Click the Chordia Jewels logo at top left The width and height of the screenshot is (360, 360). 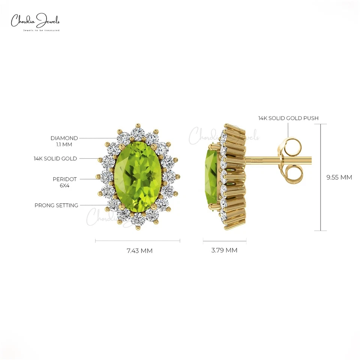click(x=35, y=21)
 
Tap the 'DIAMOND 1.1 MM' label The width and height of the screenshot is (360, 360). click(x=64, y=141)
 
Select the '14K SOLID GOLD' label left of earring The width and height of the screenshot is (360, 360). click(x=55, y=159)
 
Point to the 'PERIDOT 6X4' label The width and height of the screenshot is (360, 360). click(x=64, y=182)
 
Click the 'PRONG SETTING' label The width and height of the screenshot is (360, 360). click(x=56, y=205)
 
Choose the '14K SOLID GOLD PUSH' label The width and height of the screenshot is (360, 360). click(x=288, y=118)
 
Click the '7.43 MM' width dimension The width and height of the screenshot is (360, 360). click(x=139, y=251)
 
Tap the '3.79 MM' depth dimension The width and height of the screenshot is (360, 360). click(x=224, y=250)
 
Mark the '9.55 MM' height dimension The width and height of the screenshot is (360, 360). click(x=339, y=177)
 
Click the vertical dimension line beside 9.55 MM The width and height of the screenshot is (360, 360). click(x=321, y=177)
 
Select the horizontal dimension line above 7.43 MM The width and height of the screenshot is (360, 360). click(x=138, y=241)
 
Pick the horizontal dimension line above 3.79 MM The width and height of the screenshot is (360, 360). click(x=224, y=241)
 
